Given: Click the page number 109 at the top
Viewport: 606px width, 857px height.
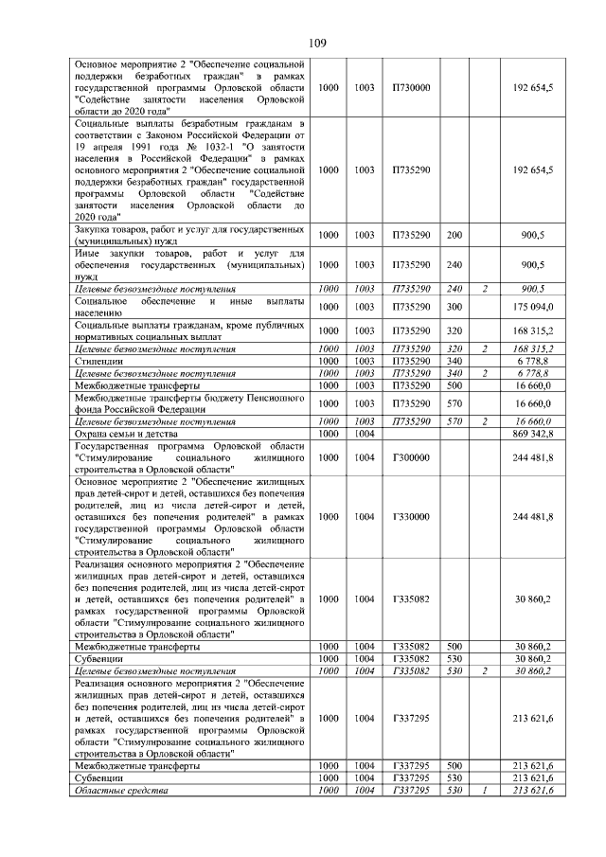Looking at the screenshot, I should coord(317,43).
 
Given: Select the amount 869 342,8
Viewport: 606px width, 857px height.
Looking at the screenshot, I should coord(534,432).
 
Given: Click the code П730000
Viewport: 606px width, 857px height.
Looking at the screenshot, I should coord(411,88).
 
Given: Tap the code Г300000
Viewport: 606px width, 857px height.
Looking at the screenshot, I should coord(411,457).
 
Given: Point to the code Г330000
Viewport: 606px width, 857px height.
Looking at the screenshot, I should coord(411,516).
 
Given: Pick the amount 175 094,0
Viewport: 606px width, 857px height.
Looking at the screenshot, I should coord(534,306).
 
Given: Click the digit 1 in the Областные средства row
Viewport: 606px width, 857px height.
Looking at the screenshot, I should coord(484,790).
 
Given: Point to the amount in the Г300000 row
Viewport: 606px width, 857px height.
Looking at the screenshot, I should coord(534,457).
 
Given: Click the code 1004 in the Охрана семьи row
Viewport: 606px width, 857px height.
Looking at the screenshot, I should coord(364,432).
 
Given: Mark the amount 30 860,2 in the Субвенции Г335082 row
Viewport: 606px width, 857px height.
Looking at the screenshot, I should coord(534,658).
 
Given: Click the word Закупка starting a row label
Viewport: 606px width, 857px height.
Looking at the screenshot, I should coord(95,229).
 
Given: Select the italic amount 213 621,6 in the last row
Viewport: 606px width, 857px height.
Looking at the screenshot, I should coord(534,790).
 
